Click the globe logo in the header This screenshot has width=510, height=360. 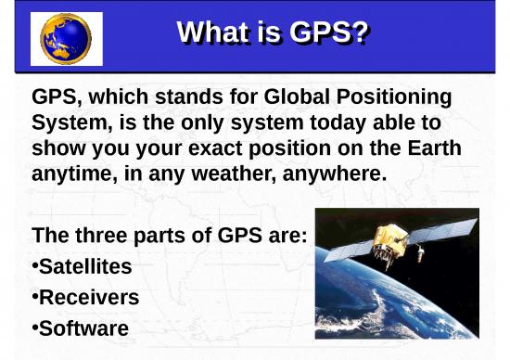(x=66, y=39)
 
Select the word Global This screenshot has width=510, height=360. (x=295, y=97)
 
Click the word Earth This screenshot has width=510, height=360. (x=430, y=148)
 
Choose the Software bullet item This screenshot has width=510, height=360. (x=83, y=328)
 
